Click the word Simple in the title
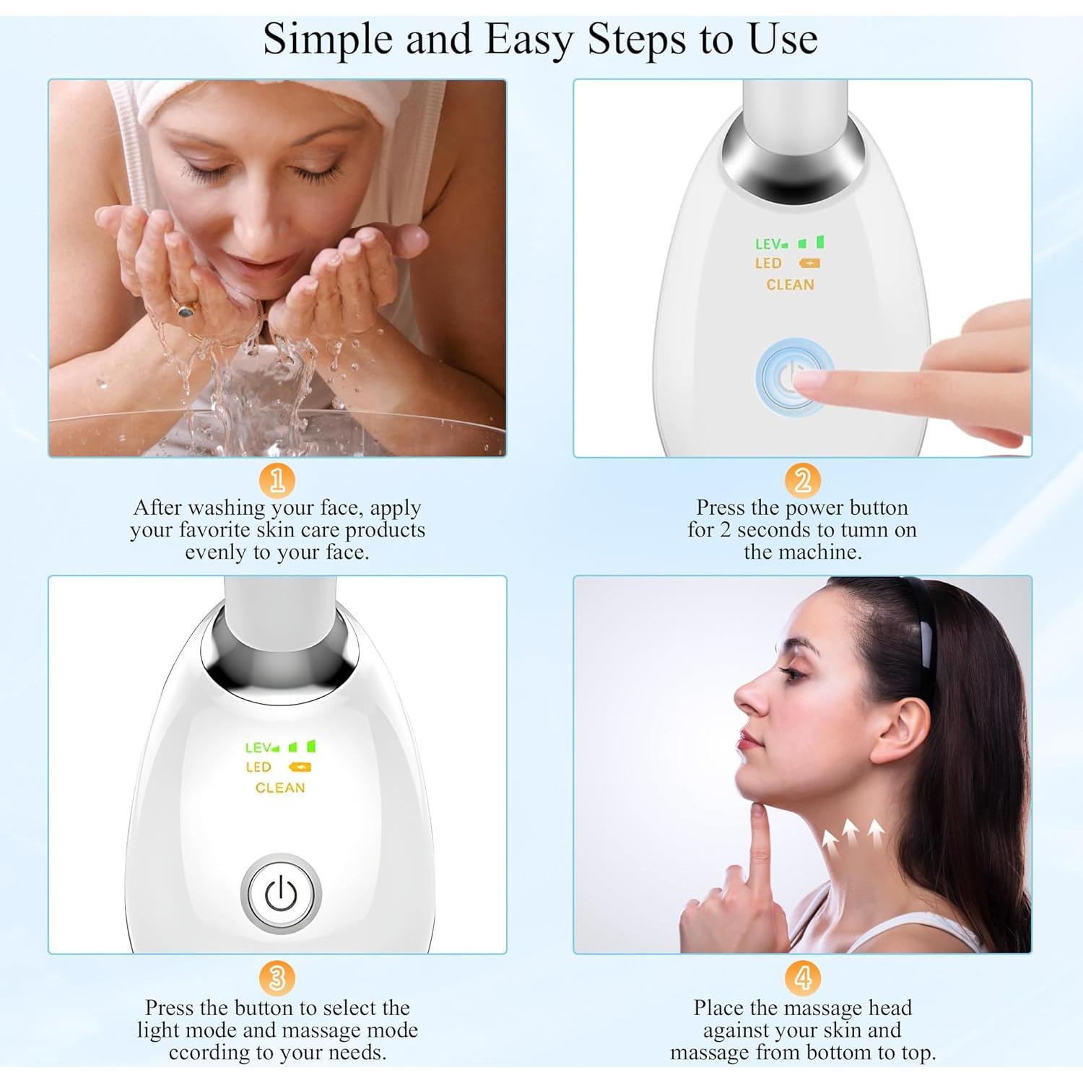(x=327, y=40)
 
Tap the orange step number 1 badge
(x=277, y=480)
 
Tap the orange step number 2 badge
(x=802, y=480)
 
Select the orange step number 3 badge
(x=277, y=979)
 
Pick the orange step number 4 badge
(x=802, y=979)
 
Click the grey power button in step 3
(x=280, y=895)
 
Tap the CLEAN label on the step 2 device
(x=790, y=285)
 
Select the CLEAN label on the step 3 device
(x=280, y=788)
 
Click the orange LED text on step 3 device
(x=258, y=767)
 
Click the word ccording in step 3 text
(x=210, y=1052)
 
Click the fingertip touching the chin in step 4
(x=758, y=812)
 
